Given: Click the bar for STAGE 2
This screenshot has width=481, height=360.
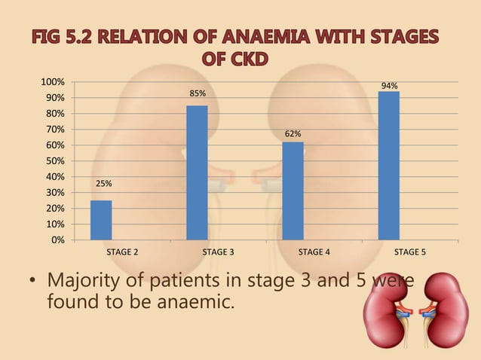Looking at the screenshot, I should point(101,220).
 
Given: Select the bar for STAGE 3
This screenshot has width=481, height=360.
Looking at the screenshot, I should point(197,172).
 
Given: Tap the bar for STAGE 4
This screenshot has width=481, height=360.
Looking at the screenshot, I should point(293,191).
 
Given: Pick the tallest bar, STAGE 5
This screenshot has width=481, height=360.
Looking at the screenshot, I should point(388,166).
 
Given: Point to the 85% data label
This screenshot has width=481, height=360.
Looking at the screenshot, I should point(198,93).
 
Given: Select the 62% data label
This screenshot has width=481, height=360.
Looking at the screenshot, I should point(293,134).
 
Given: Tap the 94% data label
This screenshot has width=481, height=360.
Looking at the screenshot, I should point(390,86).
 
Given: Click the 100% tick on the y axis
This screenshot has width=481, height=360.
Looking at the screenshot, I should point(52,81).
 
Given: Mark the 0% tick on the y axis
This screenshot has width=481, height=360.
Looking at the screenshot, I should point(57,240).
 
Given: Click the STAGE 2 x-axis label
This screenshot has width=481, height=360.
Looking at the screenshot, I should point(122,252).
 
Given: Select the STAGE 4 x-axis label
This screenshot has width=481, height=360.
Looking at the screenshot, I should point(314,252).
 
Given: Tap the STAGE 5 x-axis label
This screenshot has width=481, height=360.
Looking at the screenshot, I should point(410,252).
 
